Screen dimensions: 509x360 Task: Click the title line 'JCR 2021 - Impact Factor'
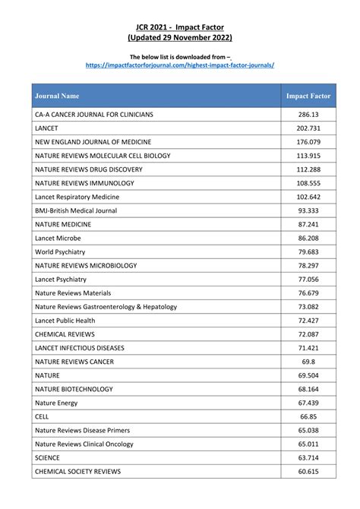(x=180, y=26)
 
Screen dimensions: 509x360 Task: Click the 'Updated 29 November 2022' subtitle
(x=180, y=37)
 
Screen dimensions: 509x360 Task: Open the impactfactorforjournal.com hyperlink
(x=180, y=65)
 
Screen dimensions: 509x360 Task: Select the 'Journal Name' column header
(x=57, y=96)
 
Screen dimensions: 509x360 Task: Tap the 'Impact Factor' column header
(x=308, y=96)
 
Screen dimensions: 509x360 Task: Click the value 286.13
(x=308, y=114)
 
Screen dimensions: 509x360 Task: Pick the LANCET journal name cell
(x=47, y=128)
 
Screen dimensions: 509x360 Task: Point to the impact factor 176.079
(x=308, y=141)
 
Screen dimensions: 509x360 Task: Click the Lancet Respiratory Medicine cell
(x=77, y=197)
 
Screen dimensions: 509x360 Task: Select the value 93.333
(x=308, y=210)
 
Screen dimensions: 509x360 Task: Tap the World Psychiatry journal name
(x=60, y=251)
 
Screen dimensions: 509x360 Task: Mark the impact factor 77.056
(x=308, y=279)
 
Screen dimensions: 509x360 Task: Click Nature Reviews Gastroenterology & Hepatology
(x=106, y=306)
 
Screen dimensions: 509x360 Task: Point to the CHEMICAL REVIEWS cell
(x=65, y=334)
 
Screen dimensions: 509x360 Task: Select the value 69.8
(x=308, y=361)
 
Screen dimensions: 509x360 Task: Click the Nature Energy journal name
(x=56, y=402)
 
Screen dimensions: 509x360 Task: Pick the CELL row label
(x=42, y=416)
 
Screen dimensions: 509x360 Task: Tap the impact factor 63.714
(x=308, y=457)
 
